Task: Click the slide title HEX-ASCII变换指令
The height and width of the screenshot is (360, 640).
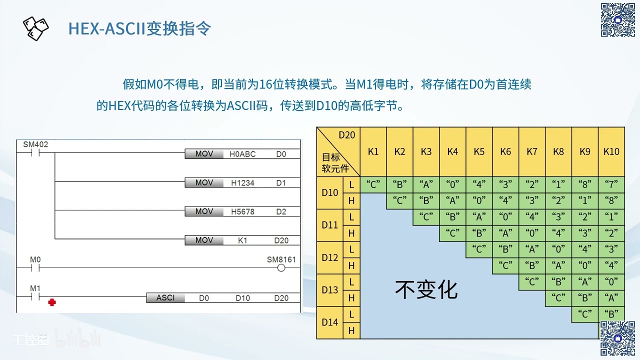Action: pos(139,28)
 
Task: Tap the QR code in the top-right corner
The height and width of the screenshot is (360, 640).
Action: pos(617,20)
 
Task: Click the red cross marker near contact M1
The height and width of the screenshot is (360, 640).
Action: pos(51,302)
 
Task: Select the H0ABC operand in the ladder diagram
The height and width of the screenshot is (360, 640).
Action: pos(242,154)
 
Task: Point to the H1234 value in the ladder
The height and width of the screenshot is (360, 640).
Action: pos(242,183)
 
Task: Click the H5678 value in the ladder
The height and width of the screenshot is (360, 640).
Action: pos(242,211)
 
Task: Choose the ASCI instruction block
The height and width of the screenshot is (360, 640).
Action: pos(165,297)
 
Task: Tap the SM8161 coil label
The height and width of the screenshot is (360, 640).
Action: pos(281,260)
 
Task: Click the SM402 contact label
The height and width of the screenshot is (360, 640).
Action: pos(35,145)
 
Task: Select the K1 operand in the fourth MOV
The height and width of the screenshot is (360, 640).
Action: pos(242,240)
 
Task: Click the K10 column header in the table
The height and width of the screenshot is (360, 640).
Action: pos(611,151)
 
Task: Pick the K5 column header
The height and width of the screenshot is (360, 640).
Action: pos(479,151)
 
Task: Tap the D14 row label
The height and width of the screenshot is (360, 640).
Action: pos(330,322)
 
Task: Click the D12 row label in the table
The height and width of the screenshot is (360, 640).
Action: pos(330,257)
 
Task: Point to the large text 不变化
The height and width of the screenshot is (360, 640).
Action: pos(426,289)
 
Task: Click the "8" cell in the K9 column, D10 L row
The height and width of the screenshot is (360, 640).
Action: pos(584,185)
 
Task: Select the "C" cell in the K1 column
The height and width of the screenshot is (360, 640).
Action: pos(373,185)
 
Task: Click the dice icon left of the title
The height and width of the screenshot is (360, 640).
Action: pos(36,28)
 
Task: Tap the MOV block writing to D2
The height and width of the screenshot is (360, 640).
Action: pos(204,211)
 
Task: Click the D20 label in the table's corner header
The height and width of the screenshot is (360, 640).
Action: pos(346,135)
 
